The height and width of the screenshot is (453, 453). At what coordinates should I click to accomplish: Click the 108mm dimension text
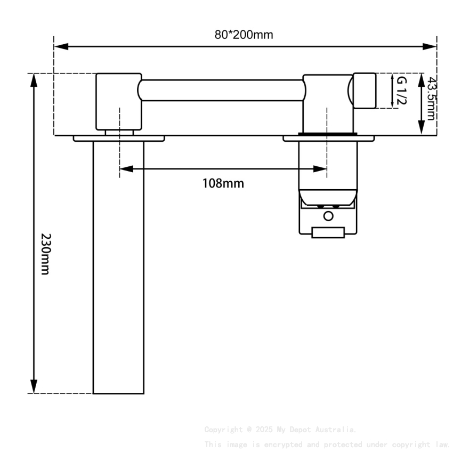click(x=223, y=184)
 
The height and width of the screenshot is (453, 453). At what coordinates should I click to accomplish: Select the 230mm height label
click(x=45, y=254)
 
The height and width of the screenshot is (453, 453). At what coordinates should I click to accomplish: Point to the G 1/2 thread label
click(x=401, y=91)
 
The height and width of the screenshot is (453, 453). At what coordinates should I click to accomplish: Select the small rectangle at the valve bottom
click(x=328, y=232)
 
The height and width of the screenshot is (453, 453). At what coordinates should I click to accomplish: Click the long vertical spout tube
click(x=118, y=266)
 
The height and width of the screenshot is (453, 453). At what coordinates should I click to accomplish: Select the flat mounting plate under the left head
click(x=119, y=139)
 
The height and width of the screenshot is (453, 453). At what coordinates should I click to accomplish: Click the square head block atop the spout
click(x=118, y=101)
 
